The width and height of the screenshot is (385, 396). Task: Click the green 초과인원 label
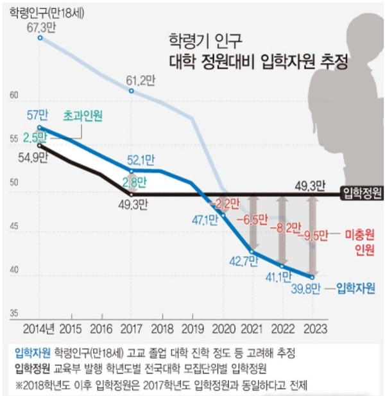click(83, 116)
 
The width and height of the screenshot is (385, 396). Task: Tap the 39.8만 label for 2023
click(304, 287)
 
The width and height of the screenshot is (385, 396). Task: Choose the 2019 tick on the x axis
click(191, 327)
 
